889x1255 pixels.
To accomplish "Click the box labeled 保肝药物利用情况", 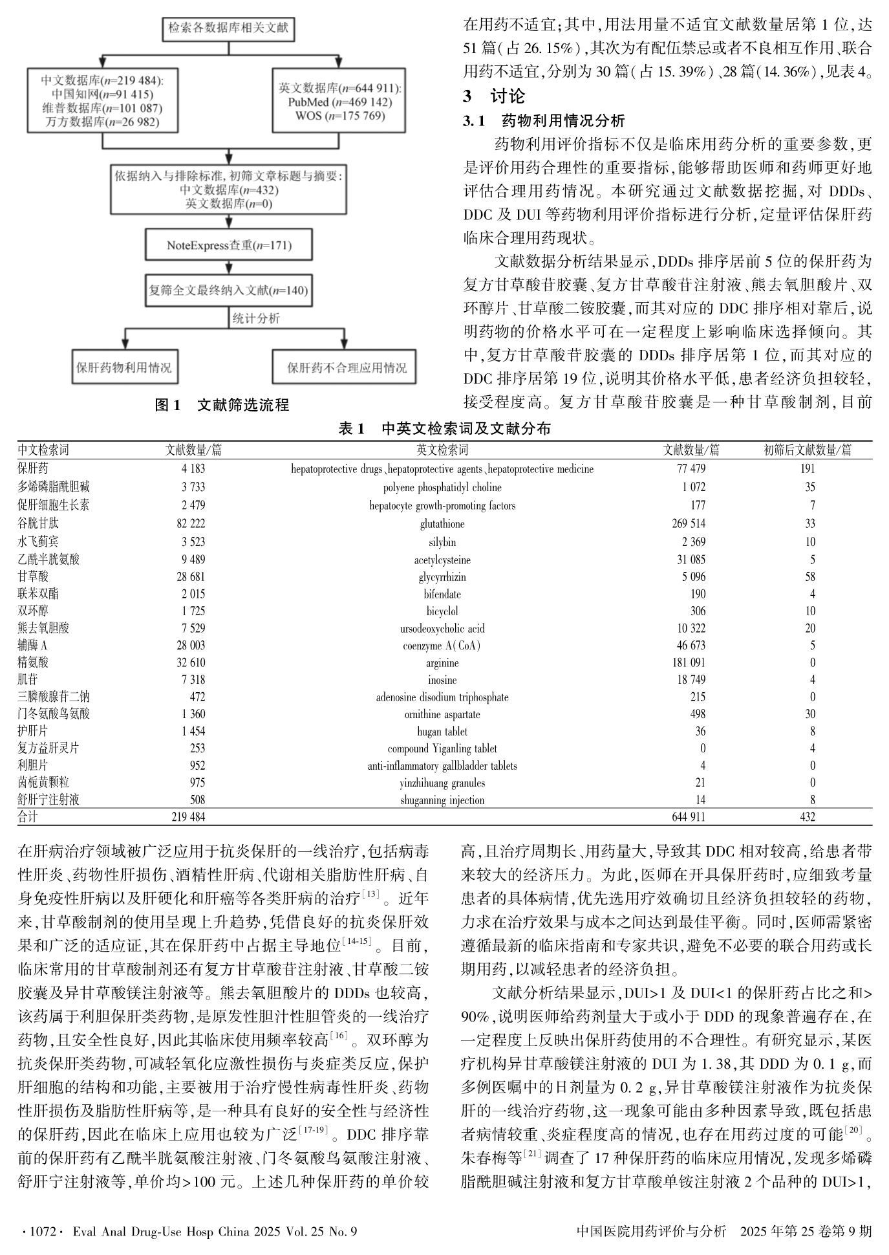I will (x=123, y=367).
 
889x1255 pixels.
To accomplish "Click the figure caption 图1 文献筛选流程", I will (x=222, y=406).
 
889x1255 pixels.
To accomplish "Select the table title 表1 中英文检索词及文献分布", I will (x=444, y=429).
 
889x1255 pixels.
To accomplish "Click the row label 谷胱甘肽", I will (x=38, y=523).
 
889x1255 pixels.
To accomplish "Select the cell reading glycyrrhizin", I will (x=442, y=577).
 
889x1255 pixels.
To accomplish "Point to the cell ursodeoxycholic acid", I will (x=442, y=628).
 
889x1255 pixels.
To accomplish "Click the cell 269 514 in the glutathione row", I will (x=689, y=523).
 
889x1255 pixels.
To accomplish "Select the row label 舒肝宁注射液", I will (x=48, y=800).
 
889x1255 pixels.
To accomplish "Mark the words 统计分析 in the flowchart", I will (x=256, y=318).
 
